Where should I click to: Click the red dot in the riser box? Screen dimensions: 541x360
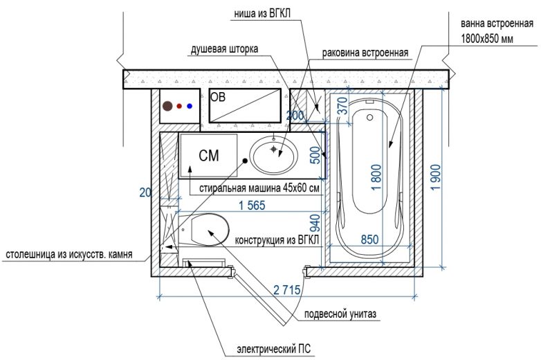179,106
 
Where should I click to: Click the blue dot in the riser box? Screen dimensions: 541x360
190,106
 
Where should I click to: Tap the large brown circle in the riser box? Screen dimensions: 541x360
167,106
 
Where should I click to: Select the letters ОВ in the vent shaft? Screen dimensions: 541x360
218,97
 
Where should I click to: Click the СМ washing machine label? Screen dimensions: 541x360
209,156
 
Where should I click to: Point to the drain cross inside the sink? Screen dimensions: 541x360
274,149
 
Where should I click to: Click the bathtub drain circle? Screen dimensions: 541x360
370,118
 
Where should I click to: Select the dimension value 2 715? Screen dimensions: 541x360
287,289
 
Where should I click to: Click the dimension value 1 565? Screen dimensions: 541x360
253,206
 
